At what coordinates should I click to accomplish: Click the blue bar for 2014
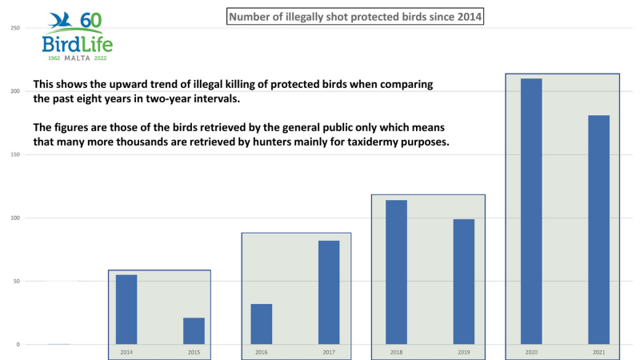pyautogui.click(x=126, y=310)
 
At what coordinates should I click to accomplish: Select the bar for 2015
pyautogui.click(x=194, y=331)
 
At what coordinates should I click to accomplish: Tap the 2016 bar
pyautogui.click(x=262, y=324)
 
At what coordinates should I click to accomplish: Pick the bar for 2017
pyautogui.click(x=329, y=292)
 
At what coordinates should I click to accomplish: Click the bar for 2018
pyautogui.click(x=397, y=272)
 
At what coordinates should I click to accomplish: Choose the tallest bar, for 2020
pyautogui.click(x=531, y=211)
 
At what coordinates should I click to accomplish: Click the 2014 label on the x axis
pyautogui.click(x=126, y=352)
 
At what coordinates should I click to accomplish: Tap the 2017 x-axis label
pyautogui.click(x=329, y=352)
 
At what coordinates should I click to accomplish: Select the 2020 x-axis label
pyautogui.click(x=531, y=352)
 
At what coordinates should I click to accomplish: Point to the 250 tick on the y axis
pyautogui.click(x=15, y=29)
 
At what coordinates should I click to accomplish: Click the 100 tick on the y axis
pyautogui.click(x=15, y=218)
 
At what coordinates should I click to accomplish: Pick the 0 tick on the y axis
pyautogui.click(x=17, y=345)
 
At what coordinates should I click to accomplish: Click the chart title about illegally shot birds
pyautogui.click(x=356, y=16)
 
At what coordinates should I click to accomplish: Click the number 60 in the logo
pyautogui.click(x=90, y=21)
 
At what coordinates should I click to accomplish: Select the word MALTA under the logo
pyautogui.click(x=77, y=58)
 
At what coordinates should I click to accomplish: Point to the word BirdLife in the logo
pyautogui.click(x=77, y=44)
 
